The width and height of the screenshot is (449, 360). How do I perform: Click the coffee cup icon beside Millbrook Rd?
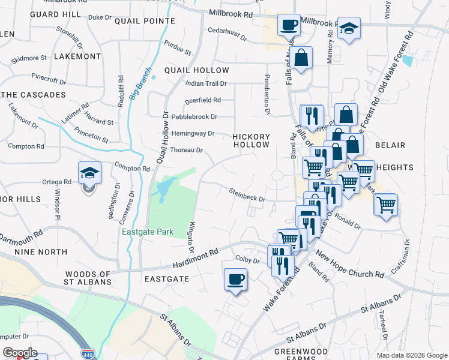[289, 25]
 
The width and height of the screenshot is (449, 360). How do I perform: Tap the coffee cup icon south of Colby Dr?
[235, 280]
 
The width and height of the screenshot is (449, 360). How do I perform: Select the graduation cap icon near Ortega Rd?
[89, 173]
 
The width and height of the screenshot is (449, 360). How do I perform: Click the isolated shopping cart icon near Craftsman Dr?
[385, 204]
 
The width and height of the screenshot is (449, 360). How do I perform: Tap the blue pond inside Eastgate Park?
[163, 191]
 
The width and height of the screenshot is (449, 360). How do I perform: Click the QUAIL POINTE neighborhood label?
[148, 20]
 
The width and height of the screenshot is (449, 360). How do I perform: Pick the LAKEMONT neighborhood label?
[77, 56]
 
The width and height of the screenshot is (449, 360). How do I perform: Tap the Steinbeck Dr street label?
[247, 195]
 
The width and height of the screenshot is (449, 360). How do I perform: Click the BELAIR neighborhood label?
[390, 145]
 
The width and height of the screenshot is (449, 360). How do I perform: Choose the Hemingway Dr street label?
[193, 133]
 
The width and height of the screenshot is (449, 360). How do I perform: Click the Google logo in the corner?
[19, 353]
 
